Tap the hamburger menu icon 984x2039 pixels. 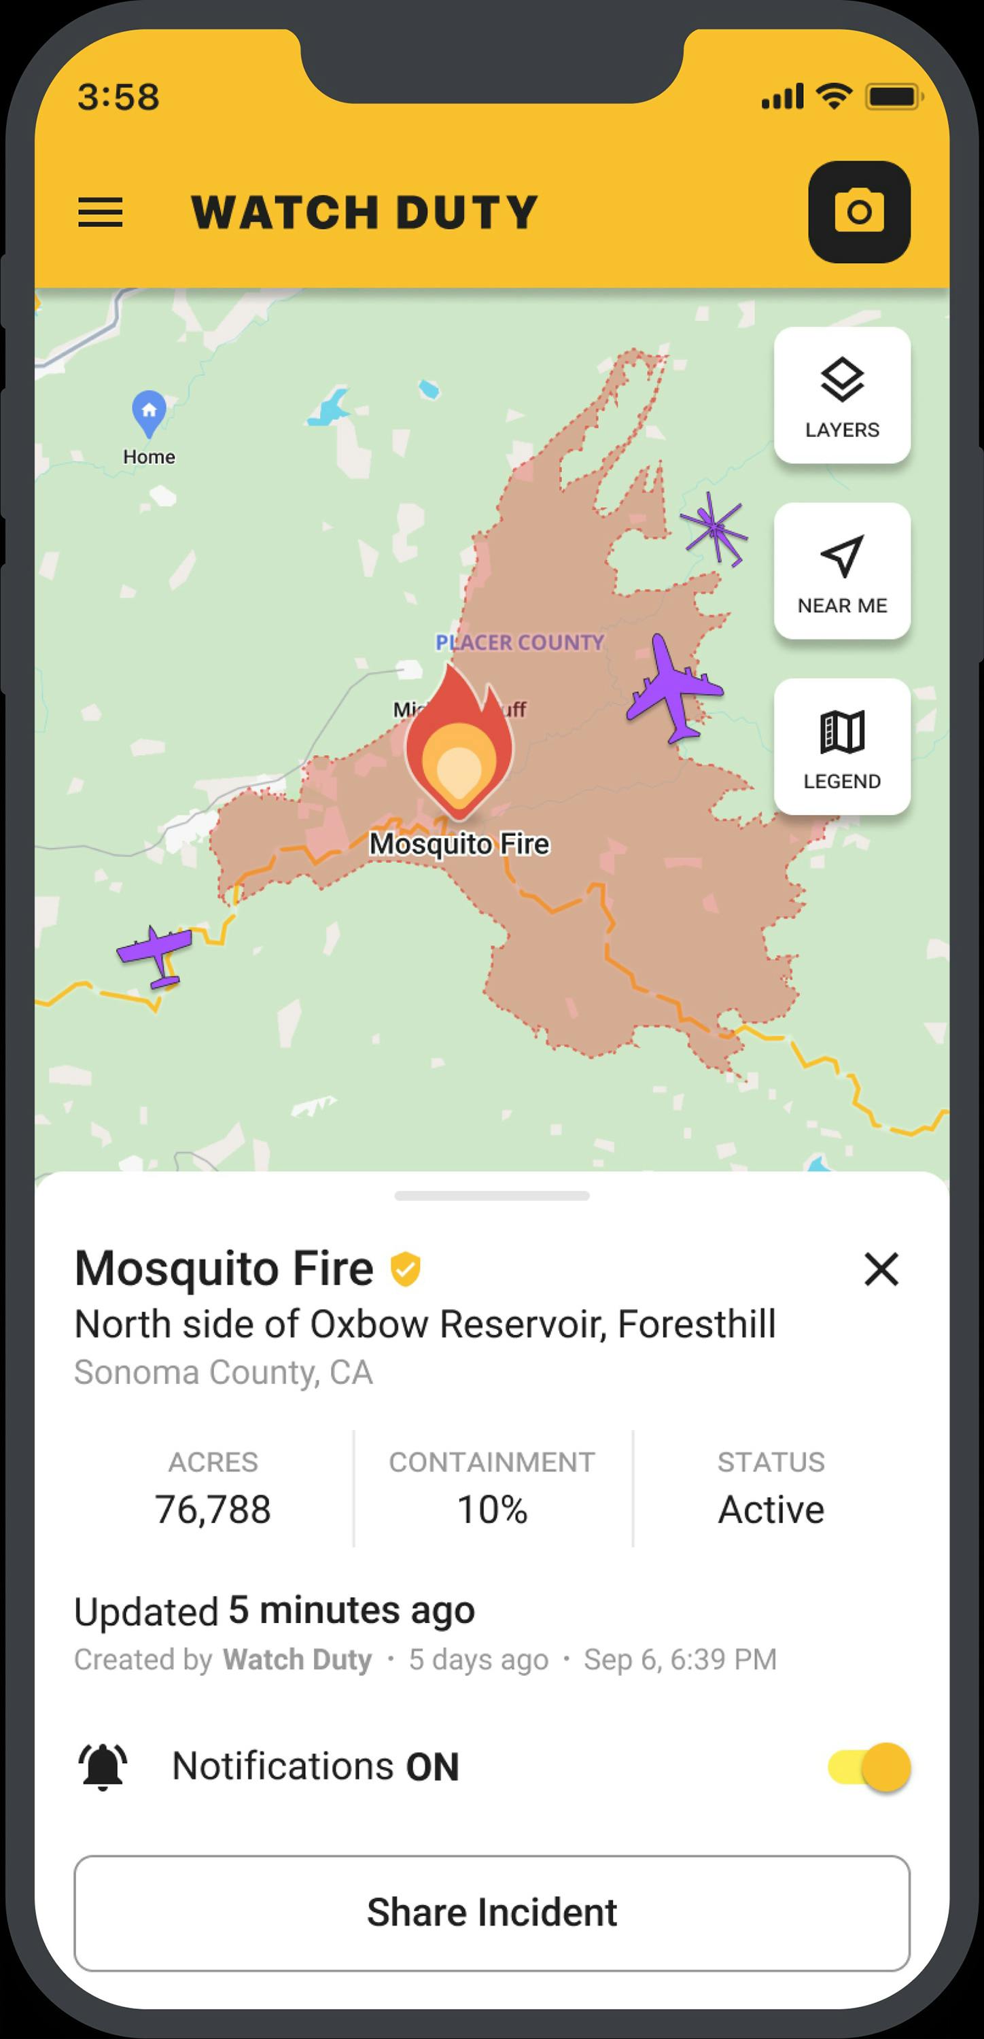101,212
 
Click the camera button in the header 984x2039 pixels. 859,212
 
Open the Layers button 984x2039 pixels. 841,395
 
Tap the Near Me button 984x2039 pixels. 841,571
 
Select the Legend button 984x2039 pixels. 841,746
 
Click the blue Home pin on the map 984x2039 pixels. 149,413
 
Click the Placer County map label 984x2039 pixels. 520,642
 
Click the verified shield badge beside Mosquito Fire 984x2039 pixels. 405,1269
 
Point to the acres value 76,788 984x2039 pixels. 213,1510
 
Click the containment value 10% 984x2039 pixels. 491,1510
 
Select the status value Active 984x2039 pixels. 771,1510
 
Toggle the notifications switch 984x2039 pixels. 870,1766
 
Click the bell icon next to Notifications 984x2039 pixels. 103,1766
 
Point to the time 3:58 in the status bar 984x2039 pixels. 119,97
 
